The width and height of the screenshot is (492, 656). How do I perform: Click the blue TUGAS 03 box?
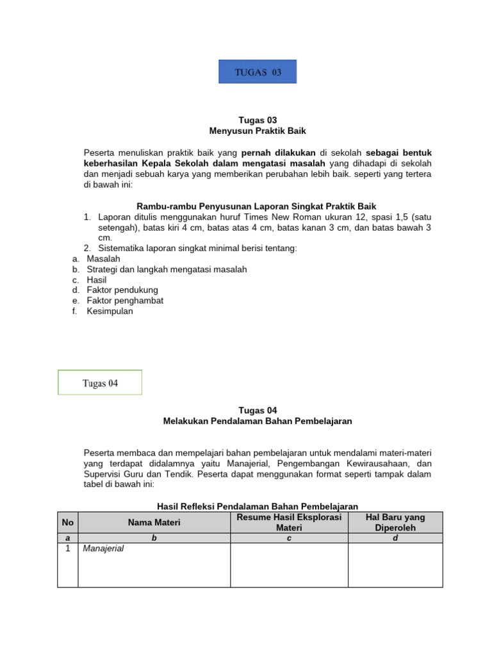pyautogui.click(x=258, y=72)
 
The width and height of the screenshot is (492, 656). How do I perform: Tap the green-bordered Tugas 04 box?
pyautogui.click(x=100, y=383)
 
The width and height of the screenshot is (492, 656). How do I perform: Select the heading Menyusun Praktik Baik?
pyautogui.click(x=258, y=131)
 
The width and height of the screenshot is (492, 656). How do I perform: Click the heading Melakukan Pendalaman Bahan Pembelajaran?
pyautogui.click(x=258, y=421)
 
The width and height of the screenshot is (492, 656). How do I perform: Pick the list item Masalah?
pyautogui.click(x=103, y=258)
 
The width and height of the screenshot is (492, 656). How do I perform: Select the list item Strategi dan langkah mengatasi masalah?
pyautogui.click(x=167, y=269)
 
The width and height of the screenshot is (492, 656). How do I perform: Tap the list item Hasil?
pyautogui.click(x=97, y=280)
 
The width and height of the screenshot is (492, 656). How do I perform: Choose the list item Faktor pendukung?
pyautogui.click(x=122, y=290)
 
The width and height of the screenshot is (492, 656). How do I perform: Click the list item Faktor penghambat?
pyautogui.click(x=125, y=300)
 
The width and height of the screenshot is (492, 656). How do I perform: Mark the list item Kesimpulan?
pyautogui.click(x=110, y=311)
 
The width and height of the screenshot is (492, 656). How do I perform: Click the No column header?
pyautogui.click(x=67, y=522)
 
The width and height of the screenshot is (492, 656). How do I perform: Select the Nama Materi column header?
pyautogui.click(x=154, y=522)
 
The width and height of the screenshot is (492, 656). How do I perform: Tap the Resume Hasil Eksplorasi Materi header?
pyautogui.click(x=289, y=522)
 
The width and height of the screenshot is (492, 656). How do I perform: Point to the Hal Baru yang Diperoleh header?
pyautogui.click(x=395, y=522)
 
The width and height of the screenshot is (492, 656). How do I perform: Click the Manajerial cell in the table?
pyautogui.click(x=103, y=548)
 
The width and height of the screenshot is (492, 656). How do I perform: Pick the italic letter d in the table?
pyautogui.click(x=395, y=538)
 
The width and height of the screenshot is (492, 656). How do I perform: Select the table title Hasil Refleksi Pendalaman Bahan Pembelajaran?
pyautogui.click(x=258, y=506)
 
